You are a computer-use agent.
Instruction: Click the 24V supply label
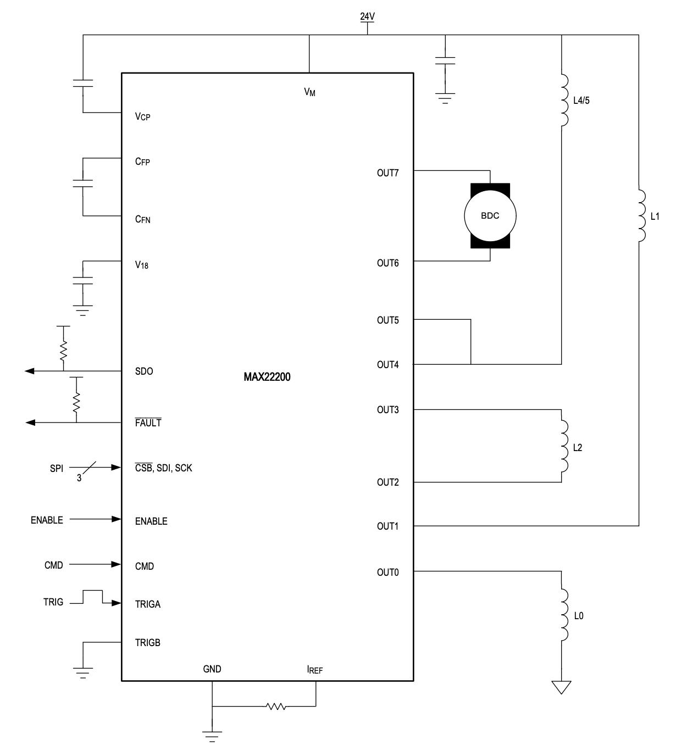[367, 16]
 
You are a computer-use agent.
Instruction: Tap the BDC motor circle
[490, 216]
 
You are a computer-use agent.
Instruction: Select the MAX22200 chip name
[267, 377]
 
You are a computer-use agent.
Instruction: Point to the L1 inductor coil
[640, 216]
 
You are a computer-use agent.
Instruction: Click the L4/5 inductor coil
[563, 101]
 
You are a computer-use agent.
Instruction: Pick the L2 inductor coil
[563, 447]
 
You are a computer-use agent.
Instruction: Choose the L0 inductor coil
[563, 615]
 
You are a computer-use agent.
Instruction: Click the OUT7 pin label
[387, 173]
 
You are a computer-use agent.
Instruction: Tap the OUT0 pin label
[387, 572]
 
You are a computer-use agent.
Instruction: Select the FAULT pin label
[148, 423]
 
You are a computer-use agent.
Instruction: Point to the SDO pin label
[144, 371]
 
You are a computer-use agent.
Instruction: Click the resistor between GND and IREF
[275, 706]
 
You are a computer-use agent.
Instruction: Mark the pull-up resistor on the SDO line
[63, 348]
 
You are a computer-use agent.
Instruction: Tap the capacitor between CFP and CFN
[83, 184]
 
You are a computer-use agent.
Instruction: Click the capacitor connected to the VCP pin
[83, 84]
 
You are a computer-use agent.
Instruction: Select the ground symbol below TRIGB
[83, 671]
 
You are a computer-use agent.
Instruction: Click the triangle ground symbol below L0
[562, 687]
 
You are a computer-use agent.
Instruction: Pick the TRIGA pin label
[148, 604]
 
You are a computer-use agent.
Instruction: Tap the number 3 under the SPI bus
[79, 479]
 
